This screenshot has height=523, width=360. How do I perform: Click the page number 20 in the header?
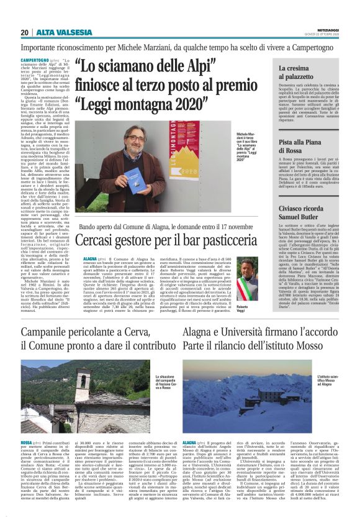pyautogui.click(x=24, y=32)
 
